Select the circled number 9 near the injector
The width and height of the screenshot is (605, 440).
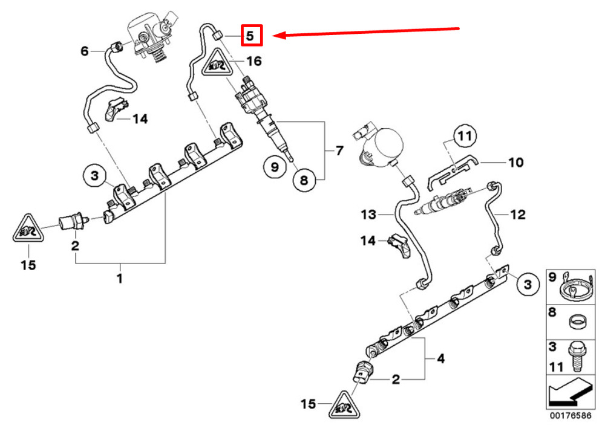(275, 167)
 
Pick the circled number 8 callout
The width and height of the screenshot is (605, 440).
(304, 179)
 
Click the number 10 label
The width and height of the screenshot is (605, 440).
(515, 163)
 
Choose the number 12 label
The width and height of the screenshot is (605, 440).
(518, 215)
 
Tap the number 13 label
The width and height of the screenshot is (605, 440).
(369, 214)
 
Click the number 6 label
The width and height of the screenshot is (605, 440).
(85, 51)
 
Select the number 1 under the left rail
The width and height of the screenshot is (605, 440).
(119, 279)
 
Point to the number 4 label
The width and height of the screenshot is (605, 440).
(440, 358)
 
